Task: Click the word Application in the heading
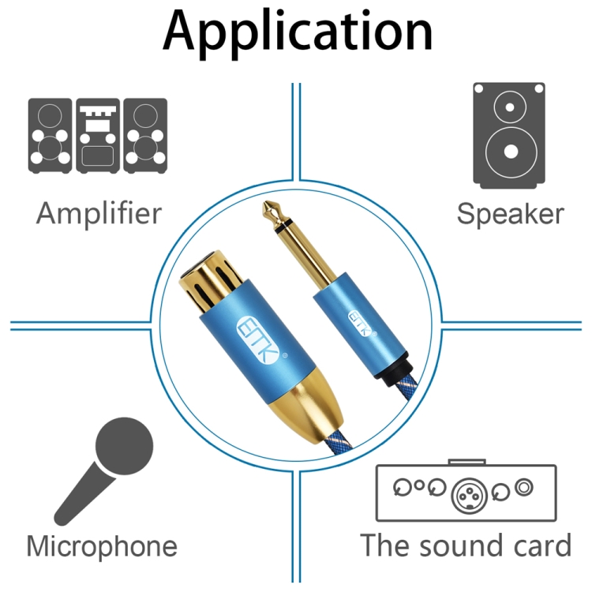click(298, 32)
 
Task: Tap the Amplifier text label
click(99, 214)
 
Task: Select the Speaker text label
click(511, 214)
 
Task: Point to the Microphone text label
click(102, 546)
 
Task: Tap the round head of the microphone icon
click(124, 446)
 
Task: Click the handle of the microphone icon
click(84, 495)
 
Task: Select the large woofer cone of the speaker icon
click(511, 152)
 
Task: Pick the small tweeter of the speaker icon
click(510, 107)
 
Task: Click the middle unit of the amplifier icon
click(98, 136)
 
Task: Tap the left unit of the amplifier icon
click(51, 136)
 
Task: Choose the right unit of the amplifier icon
click(145, 136)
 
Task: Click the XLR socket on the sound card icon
click(470, 496)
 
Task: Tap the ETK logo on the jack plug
click(358, 323)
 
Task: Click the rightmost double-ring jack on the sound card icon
click(523, 488)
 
